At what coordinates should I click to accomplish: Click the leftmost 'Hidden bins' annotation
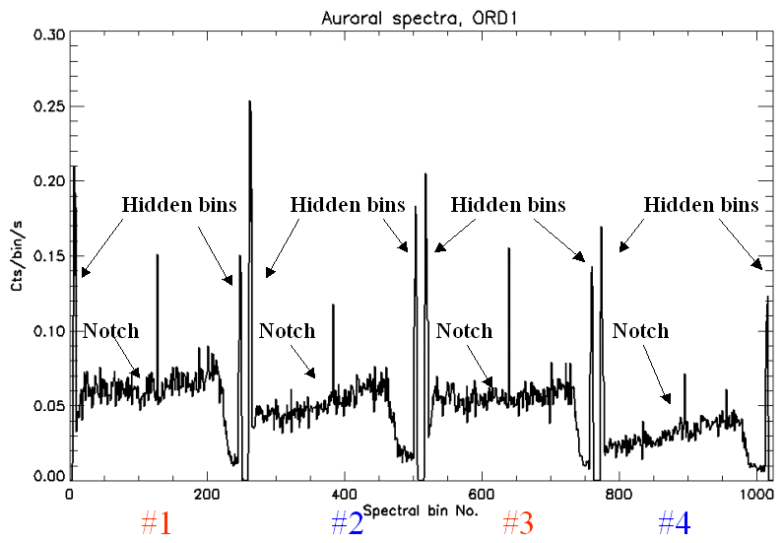(x=179, y=205)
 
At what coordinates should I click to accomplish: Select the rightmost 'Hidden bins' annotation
(x=701, y=205)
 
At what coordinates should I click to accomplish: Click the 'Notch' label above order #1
(x=111, y=331)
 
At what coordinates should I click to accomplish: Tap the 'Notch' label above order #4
(x=640, y=331)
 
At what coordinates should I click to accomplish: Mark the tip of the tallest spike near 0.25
(x=249, y=102)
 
